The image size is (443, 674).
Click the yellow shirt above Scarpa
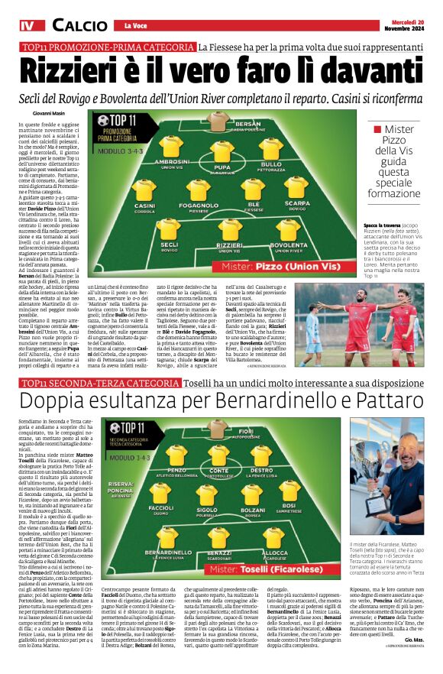pos(296,186)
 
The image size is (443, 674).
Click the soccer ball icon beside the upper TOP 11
pos(103,121)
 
